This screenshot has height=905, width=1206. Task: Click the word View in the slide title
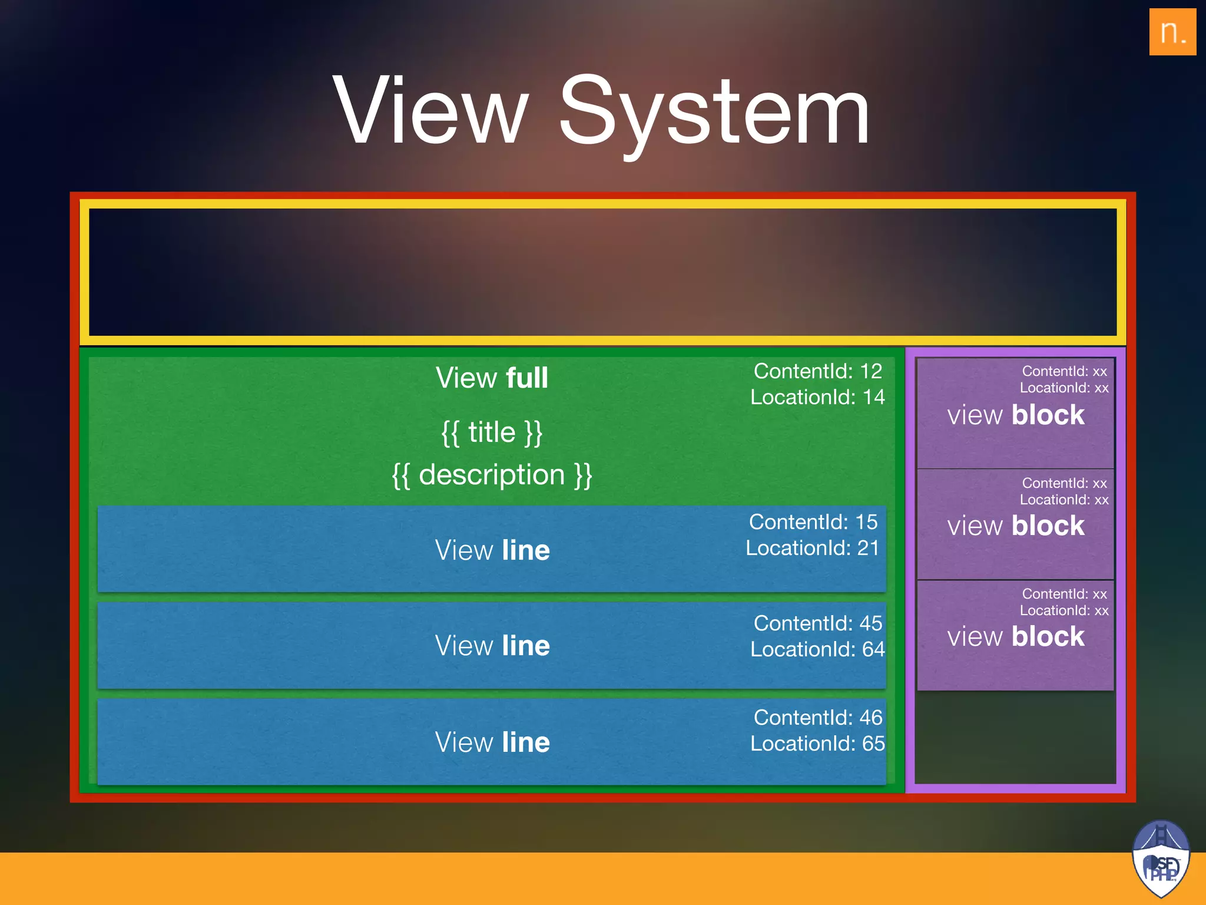(430, 110)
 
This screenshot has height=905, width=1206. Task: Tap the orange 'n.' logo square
(1172, 32)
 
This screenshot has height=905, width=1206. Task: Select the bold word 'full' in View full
(526, 378)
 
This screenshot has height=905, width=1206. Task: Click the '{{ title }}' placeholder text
(492, 432)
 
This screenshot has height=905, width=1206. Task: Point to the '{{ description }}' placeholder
(492, 475)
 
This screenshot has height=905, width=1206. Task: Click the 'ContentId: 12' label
(817, 371)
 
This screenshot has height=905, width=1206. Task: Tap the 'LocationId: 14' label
(817, 397)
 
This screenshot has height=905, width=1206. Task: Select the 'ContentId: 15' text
(813, 522)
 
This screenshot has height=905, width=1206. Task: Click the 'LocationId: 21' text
(813, 548)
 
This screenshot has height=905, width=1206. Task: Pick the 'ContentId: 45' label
(817, 623)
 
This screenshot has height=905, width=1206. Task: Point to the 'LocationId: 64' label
(817, 649)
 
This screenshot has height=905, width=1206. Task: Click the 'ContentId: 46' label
(817, 718)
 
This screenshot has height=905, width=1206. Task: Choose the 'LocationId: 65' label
(817, 744)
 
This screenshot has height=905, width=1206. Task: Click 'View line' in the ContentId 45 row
(492, 646)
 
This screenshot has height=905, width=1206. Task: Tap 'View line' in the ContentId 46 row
(492, 742)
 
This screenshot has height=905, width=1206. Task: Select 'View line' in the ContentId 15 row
(492, 550)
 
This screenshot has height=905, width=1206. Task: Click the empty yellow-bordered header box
(602, 272)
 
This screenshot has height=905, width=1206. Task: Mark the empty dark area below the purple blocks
(1015, 736)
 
